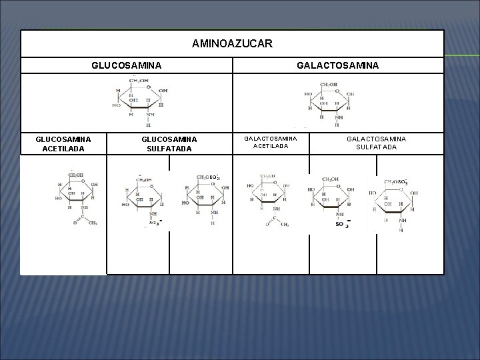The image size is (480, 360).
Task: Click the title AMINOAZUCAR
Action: pyautogui.click(x=231, y=44)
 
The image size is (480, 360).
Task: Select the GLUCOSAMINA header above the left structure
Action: pyautogui.click(x=126, y=65)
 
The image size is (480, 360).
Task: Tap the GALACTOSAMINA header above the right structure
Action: pyautogui.click(x=337, y=65)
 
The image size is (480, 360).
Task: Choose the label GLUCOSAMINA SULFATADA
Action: pyautogui.click(x=169, y=143)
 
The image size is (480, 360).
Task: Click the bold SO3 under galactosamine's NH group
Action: pyautogui.click(x=342, y=225)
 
